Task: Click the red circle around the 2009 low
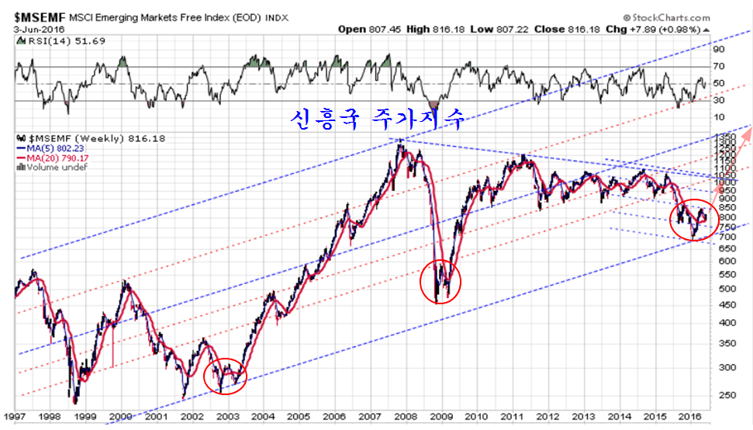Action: pos(440,281)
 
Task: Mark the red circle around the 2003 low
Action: pos(226,376)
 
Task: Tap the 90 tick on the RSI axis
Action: pos(720,48)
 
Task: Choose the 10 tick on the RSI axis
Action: pos(720,117)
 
